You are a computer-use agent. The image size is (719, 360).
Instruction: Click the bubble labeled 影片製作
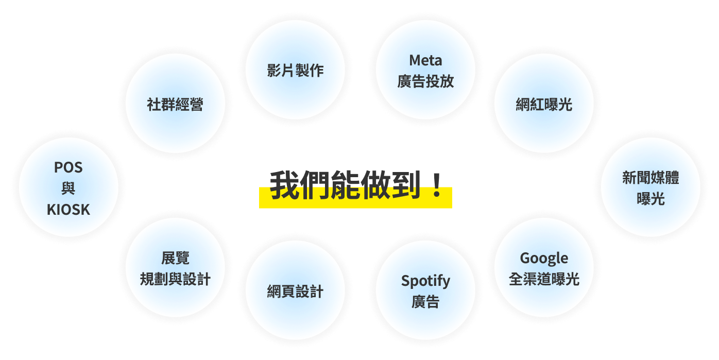pos(295,70)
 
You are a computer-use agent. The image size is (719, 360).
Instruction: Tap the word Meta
pos(425,60)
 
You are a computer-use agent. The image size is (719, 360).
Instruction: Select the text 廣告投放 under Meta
pos(425,81)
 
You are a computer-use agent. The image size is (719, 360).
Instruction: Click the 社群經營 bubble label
pos(175,104)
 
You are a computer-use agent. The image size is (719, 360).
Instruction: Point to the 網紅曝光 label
pos(544,104)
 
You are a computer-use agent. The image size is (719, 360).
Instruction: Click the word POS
pos(69,167)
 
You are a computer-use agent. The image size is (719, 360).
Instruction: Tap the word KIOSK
pos(69,210)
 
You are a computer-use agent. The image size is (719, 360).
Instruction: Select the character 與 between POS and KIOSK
pos(69,188)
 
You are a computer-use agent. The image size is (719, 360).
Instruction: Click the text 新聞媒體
pos(650,178)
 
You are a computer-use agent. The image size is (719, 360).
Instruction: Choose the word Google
pos(544,259)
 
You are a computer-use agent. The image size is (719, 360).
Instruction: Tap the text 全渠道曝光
pos(544,279)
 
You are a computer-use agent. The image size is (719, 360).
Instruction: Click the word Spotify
pos(425,281)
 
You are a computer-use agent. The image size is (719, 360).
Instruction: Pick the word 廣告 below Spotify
pos(425,302)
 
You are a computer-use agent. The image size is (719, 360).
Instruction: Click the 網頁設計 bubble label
pos(295,292)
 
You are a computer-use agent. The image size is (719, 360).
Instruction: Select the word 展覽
pos(175,258)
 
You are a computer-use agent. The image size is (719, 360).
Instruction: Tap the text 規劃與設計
pos(175,279)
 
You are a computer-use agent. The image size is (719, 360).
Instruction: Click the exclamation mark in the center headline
pos(437,185)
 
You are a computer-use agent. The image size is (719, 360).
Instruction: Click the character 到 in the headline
pos(406,185)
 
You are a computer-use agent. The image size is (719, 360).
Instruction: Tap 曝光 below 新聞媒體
pos(650,199)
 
